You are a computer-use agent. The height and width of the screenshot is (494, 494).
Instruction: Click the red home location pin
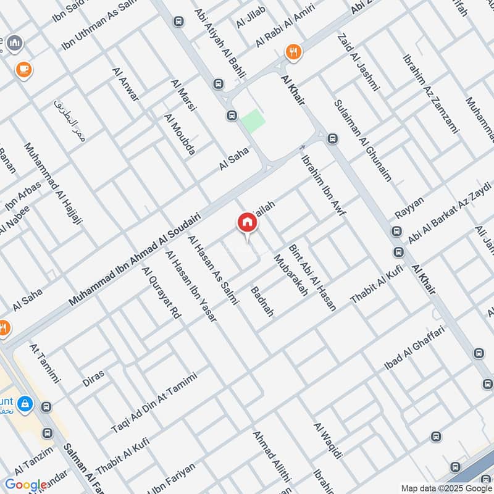[x=246, y=223]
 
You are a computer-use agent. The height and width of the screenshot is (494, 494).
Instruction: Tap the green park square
[x=252, y=120]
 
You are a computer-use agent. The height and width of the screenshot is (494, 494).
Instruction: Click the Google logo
[x=26, y=485]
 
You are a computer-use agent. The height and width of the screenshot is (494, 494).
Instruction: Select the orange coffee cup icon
[x=25, y=69]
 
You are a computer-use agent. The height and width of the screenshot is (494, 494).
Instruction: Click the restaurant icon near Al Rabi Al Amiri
[x=292, y=52]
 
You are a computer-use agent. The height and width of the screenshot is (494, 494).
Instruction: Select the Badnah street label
[x=262, y=301]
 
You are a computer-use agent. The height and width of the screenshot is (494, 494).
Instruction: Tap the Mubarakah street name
[x=290, y=275]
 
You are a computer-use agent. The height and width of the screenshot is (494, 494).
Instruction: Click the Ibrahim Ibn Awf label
[x=324, y=183]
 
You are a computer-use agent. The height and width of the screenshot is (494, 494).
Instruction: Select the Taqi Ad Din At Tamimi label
[x=154, y=403]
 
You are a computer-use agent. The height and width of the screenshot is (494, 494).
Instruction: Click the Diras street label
[x=93, y=379]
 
